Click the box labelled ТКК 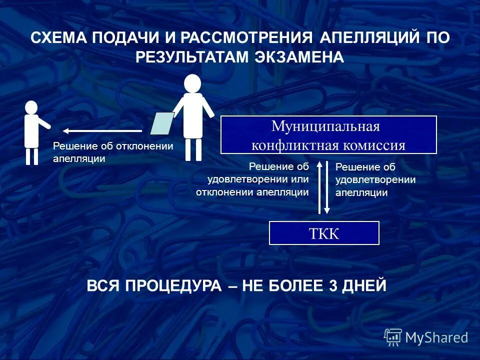pyautogui.click(x=324, y=233)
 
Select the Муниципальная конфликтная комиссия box pyautogui.click(x=328, y=134)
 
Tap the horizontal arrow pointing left pyautogui.click(x=102, y=131)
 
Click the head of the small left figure pyautogui.click(x=31, y=107)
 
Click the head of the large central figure pyautogui.click(x=192, y=83)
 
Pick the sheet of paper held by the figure pyautogui.click(x=162, y=123)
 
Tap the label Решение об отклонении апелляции pyautogui.click(x=112, y=152)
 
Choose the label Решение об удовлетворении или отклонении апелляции pyautogui.click(x=252, y=179)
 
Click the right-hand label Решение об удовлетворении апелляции pyautogui.click(x=375, y=180)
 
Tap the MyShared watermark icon pyautogui.click(x=393, y=337)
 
